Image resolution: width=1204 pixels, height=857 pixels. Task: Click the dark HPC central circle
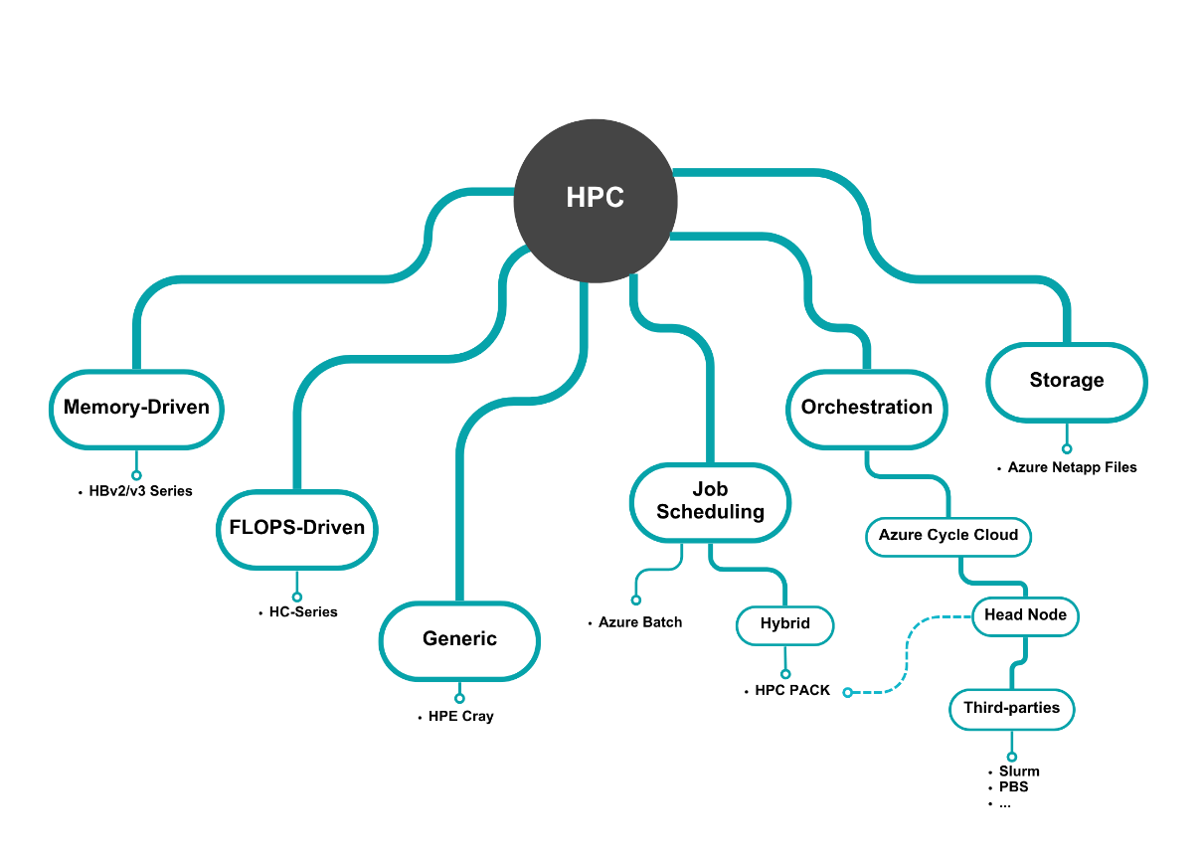tap(595, 198)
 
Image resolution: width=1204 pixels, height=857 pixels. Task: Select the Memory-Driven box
tap(136, 407)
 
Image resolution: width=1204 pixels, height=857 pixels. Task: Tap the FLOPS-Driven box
tap(297, 528)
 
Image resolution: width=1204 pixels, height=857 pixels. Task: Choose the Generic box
tap(459, 639)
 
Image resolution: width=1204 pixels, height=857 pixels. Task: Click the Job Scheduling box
tap(711, 501)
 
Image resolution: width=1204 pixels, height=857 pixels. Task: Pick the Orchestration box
tap(867, 407)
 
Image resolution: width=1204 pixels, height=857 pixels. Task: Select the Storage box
tap(1067, 381)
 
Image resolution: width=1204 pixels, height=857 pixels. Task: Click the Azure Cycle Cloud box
tap(948, 535)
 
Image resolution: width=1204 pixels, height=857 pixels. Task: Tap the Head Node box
tap(1025, 615)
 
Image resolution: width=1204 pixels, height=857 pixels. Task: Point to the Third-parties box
tap(1012, 709)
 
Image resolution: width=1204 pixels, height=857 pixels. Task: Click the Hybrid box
tap(785, 624)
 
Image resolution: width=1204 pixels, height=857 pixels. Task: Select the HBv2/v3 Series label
tap(140, 491)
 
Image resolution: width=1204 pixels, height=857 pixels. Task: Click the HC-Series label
tap(303, 612)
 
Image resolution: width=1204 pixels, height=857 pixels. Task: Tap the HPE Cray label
tap(460, 716)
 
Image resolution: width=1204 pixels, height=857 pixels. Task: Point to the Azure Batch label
tap(640, 622)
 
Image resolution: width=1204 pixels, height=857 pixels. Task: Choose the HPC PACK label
tap(792, 691)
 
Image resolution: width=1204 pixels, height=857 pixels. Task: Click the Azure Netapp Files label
tap(1072, 467)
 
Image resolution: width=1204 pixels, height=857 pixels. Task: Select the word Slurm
tap(1019, 771)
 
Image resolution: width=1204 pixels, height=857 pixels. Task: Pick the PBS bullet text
tap(1013, 787)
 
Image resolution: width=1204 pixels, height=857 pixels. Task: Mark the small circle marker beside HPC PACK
tap(848, 692)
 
